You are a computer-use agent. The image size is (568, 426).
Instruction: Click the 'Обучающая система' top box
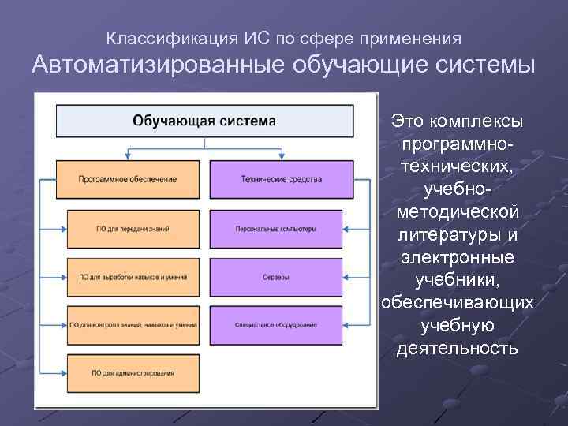[x=204, y=121]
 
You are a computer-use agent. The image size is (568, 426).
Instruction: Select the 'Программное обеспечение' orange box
[x=128, y=179]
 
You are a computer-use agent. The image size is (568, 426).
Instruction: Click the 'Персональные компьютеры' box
[x=276, y=229]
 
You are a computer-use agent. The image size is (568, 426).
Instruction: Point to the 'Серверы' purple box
[x=276, y=277]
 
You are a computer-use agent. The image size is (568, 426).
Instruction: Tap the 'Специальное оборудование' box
[x=276, y=325]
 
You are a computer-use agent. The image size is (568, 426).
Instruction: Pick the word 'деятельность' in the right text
[x=458, y=348]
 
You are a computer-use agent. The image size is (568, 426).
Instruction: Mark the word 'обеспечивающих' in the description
[x=458, y=303]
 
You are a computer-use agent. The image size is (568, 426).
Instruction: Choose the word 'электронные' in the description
[x=458, y=258]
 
